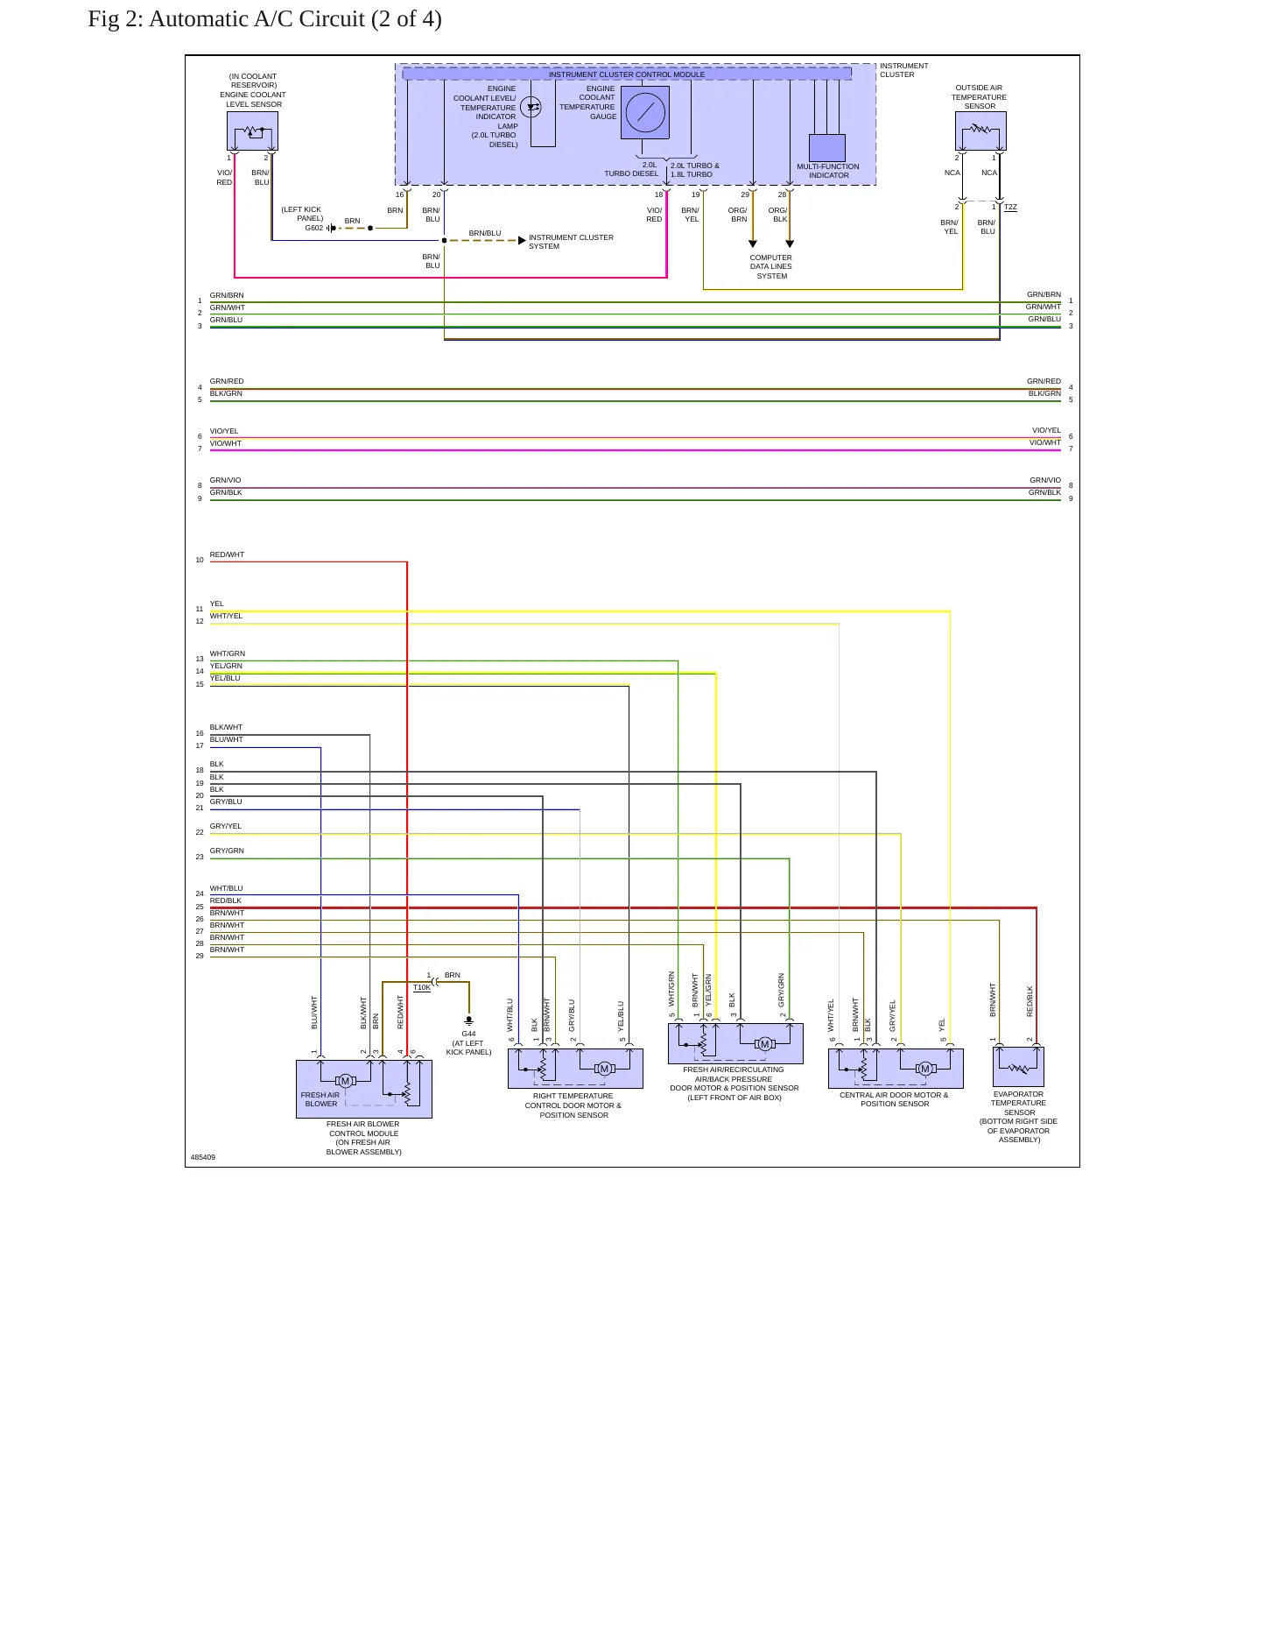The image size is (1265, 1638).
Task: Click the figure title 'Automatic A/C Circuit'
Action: tap(257, 19)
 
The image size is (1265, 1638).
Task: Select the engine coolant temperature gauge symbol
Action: tap(645, 112)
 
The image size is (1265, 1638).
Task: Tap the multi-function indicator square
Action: tap(827, 148)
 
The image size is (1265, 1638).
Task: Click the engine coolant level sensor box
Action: tap(252, 131)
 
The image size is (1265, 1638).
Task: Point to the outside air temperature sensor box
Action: tap(980, 131)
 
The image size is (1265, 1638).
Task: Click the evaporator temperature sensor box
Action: tap(1018, 1067)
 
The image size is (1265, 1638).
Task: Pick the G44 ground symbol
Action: tap(468, 1020)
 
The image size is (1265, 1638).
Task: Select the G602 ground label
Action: tap(314, 228)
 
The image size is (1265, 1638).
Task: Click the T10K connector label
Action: tap(422, 987)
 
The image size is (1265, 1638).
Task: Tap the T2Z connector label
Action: tap(1010, 207)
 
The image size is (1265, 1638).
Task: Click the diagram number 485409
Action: tap(203, 1157)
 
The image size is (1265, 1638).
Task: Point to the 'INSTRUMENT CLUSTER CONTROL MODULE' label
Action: tap(627, 74)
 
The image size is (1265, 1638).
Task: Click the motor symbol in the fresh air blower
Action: tap(345, 1081)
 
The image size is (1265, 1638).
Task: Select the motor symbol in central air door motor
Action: tap(925, 1069)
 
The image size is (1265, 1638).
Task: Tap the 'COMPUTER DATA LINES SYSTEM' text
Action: tap(770, 267)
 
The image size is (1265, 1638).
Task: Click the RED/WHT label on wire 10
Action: tap(227, 554)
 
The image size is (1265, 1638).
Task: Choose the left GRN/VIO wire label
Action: tap(225, 480)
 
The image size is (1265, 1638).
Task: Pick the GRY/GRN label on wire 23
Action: tap(227, 851)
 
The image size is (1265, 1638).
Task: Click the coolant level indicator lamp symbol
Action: tap(531, 107)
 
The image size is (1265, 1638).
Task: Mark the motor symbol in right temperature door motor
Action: tap(604, 1069)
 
